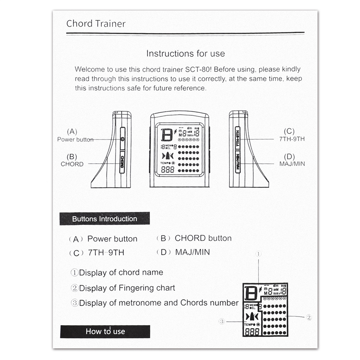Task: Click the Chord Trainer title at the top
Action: (x=96, y=24)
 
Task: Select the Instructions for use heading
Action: (x=185, y=54)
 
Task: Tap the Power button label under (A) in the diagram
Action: (x=75, y=140)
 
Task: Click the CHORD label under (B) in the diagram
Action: (x=72, y=164)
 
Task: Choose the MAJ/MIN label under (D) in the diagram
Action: (x=292, y=164)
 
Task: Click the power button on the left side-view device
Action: (x=122, y=139)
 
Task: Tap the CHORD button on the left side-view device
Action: (x=122, y=162)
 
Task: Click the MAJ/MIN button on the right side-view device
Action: (x=238, y=162)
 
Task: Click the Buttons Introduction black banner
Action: (x=105, y=219)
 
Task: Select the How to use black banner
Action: (x=105, y=331)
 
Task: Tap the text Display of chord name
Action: (x=121, y=273)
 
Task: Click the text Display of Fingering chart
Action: (x=127, y=288)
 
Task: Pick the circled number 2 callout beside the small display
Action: (x=309, y=317)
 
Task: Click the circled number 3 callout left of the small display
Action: (x=222, y=322)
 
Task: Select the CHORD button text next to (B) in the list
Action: (x=203, y=238)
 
